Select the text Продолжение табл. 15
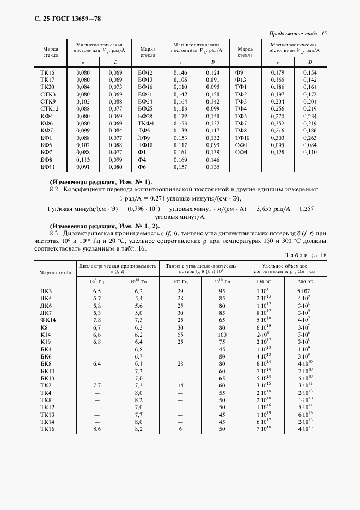pos(298,34)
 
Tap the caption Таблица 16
pos(307,255)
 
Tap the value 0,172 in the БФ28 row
pos(180,116)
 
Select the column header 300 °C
pos(304,281)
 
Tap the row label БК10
pos(48,371)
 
